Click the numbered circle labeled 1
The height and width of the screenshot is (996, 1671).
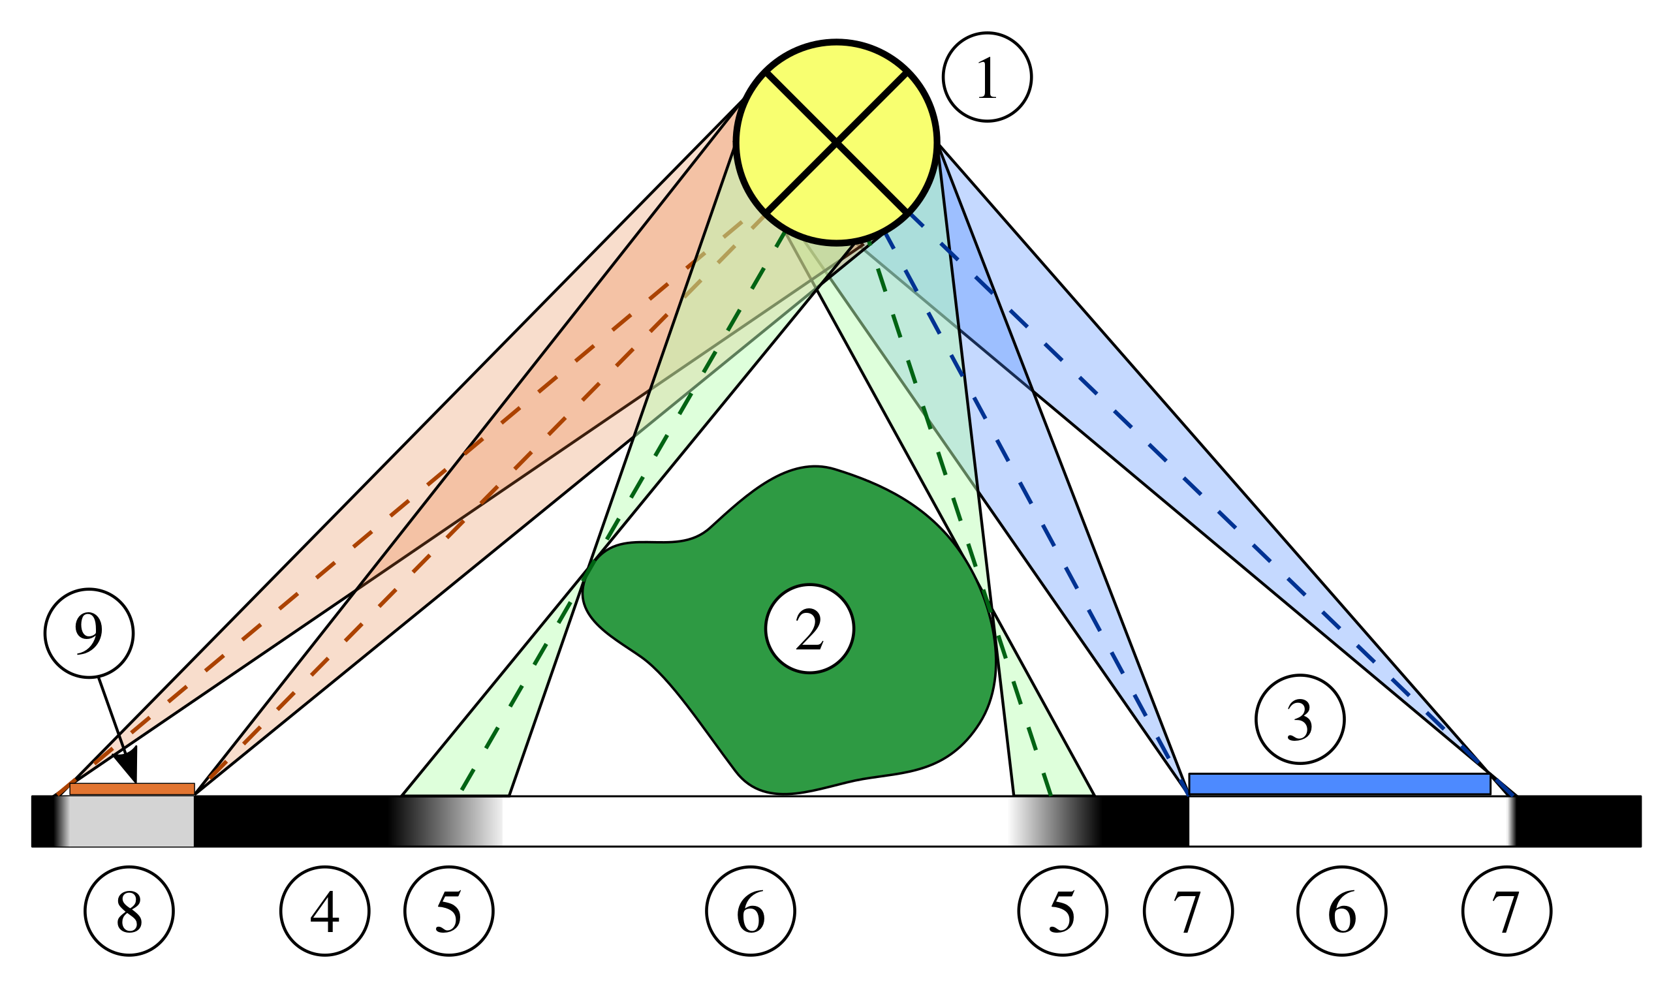tap(986, 77)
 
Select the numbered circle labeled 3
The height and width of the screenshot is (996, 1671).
tap(1300, 719)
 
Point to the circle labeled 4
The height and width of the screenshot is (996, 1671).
tap(325, 910)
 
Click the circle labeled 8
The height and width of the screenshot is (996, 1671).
tap(129, 910)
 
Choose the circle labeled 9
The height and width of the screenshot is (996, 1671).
tap(89, 633)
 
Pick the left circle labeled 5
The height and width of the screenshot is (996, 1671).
tap(449, 910)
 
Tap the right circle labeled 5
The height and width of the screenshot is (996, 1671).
tap(1063, 910)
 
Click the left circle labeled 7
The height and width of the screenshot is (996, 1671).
tap(1188, 910)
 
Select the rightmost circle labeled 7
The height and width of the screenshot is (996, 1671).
tap(1507, 910)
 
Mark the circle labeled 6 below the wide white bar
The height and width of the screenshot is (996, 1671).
tap(750, 910)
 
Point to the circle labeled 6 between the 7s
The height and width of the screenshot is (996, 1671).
tap(1341, 910)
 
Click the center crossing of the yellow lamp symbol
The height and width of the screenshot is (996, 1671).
tap(836, 142)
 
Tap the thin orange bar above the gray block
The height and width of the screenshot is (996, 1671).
tap(133, 789)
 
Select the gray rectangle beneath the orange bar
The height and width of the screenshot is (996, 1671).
tap(131, 821)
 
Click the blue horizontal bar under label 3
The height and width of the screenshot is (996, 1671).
tap(1339, 784)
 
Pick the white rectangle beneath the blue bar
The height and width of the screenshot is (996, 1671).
tap(1349, 821)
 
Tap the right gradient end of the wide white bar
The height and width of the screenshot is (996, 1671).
tap(1054, 821)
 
